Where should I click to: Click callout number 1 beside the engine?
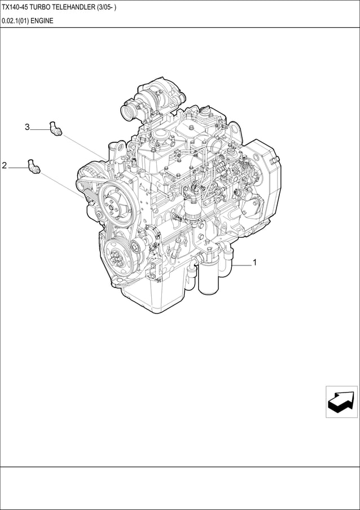click(254, 262)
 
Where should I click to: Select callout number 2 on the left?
click(4, 165)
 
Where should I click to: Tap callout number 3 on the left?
click(27, 127)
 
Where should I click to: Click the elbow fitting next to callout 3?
click(55, 128)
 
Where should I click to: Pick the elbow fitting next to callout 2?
click(33, 166)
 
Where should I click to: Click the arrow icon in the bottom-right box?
click(341, 401)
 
